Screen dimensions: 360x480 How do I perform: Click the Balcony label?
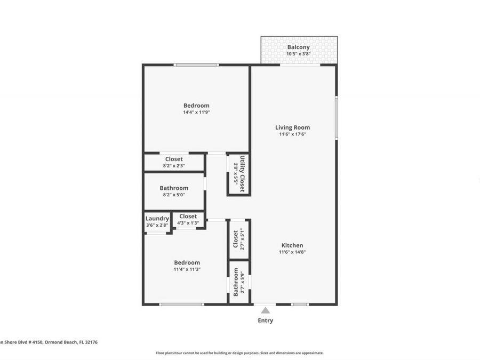298,47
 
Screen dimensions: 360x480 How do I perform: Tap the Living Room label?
292,127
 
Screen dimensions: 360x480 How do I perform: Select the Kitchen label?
292,245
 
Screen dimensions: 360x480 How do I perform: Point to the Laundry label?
157,219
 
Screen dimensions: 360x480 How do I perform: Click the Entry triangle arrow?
265,310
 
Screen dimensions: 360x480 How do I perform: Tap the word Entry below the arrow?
265,321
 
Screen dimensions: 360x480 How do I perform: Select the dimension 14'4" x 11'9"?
196,113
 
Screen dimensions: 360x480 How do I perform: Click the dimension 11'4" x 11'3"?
187,269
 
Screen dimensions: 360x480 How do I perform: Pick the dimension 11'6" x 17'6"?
292,134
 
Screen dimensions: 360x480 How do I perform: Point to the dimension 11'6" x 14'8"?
292,252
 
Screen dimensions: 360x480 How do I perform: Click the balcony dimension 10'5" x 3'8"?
298,54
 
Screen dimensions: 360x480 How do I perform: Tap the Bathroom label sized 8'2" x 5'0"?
174,188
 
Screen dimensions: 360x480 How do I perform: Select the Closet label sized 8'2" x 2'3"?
174,159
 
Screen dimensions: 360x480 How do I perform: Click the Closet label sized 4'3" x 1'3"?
188,217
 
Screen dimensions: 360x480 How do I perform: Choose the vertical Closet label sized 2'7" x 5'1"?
236,239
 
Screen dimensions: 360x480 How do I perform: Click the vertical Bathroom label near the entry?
236,282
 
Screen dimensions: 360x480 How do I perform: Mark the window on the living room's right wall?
336,117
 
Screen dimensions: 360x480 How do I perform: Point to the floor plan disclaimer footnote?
239,353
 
